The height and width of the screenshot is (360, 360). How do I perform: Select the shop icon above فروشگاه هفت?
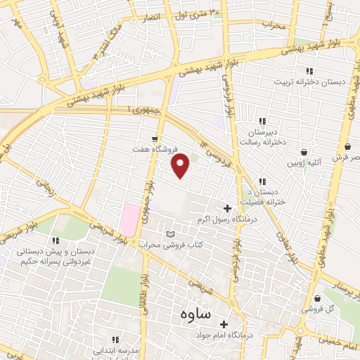pos(155,139)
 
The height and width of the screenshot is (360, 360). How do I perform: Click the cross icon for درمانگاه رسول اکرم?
pos(227,208)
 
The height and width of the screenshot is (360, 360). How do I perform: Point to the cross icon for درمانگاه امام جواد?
pos(224,324)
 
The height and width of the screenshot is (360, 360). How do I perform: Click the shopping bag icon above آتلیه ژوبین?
pos(304,151)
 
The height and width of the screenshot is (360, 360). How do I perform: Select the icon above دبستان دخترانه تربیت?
pos(309,71)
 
